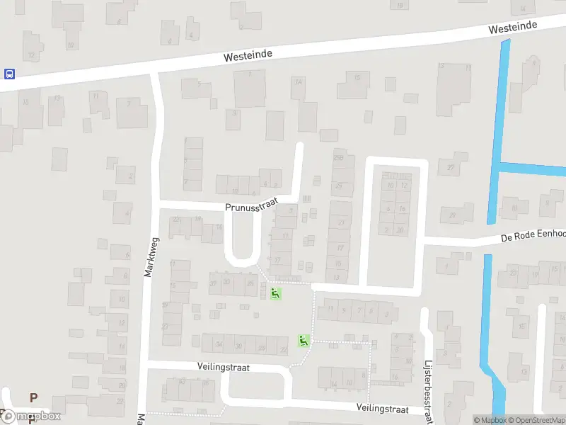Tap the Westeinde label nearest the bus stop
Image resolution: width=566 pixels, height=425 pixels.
(247, 54)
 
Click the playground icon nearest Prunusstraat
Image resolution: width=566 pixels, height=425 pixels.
(275, 293)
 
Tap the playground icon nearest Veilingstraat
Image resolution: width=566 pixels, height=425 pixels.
(304, 341)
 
